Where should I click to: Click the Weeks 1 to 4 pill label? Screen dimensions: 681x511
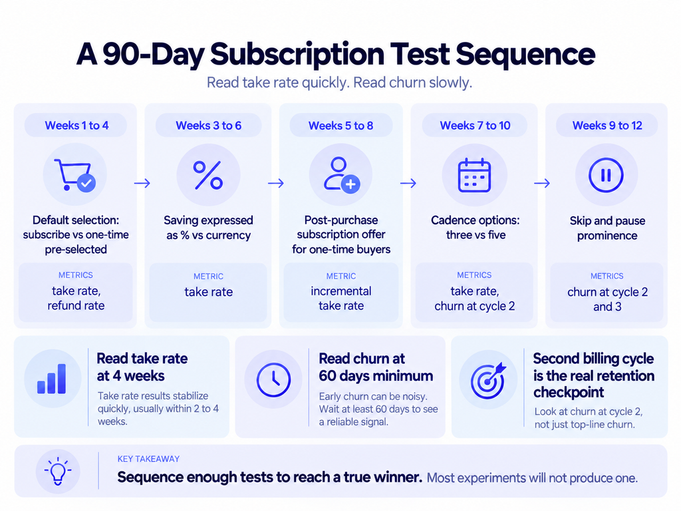(x=76, y=126)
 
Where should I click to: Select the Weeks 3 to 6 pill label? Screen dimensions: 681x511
(x=208, y=126)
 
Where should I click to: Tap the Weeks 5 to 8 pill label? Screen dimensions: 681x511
(x=341, y=126)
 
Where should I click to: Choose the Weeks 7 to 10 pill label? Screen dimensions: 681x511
(x=475, y=126)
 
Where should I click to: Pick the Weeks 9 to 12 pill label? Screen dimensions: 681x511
(x=607, y=126)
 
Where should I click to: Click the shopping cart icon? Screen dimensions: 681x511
(x=74, y=175)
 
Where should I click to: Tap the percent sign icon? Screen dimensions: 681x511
(x=208, y=175)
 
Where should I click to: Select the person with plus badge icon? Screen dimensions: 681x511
(x=342, y=175)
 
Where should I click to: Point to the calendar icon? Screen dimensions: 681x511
(x=475, y=175)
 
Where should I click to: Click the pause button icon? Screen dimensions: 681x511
(x=606, y=175)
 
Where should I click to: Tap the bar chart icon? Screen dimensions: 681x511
(x=52, y=379)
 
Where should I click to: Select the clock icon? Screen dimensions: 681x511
(x=273, y=380)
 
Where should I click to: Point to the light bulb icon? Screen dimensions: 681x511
(x=58, y=471)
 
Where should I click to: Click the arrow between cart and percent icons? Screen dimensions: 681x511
(x=142, y=183)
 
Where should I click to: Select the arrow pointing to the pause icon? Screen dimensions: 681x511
(x=542, y=183)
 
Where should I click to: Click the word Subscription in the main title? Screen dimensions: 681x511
(x=297, y=55)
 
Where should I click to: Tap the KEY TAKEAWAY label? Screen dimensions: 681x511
(x=148, y=459)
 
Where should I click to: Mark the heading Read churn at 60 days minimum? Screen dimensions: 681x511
(x=376, y=367)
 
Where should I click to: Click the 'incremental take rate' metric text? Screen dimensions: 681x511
(x=341, y=298)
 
